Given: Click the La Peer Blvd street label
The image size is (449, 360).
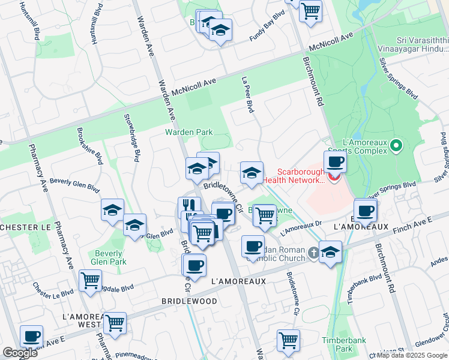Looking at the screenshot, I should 247,95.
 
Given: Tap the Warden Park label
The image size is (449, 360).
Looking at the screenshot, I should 189,131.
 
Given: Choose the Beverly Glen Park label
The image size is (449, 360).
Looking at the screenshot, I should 109,257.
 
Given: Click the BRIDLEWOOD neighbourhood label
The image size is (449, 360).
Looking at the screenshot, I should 189,301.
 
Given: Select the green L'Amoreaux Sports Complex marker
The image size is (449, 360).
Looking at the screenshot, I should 396,146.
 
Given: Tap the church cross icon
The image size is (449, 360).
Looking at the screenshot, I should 312,253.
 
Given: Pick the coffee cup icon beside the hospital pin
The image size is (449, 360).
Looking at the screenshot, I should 335,161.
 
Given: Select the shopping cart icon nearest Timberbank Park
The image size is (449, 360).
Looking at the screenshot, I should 288,340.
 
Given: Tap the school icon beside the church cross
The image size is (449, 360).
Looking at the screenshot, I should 330,253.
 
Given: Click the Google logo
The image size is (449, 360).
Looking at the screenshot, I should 19,353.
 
